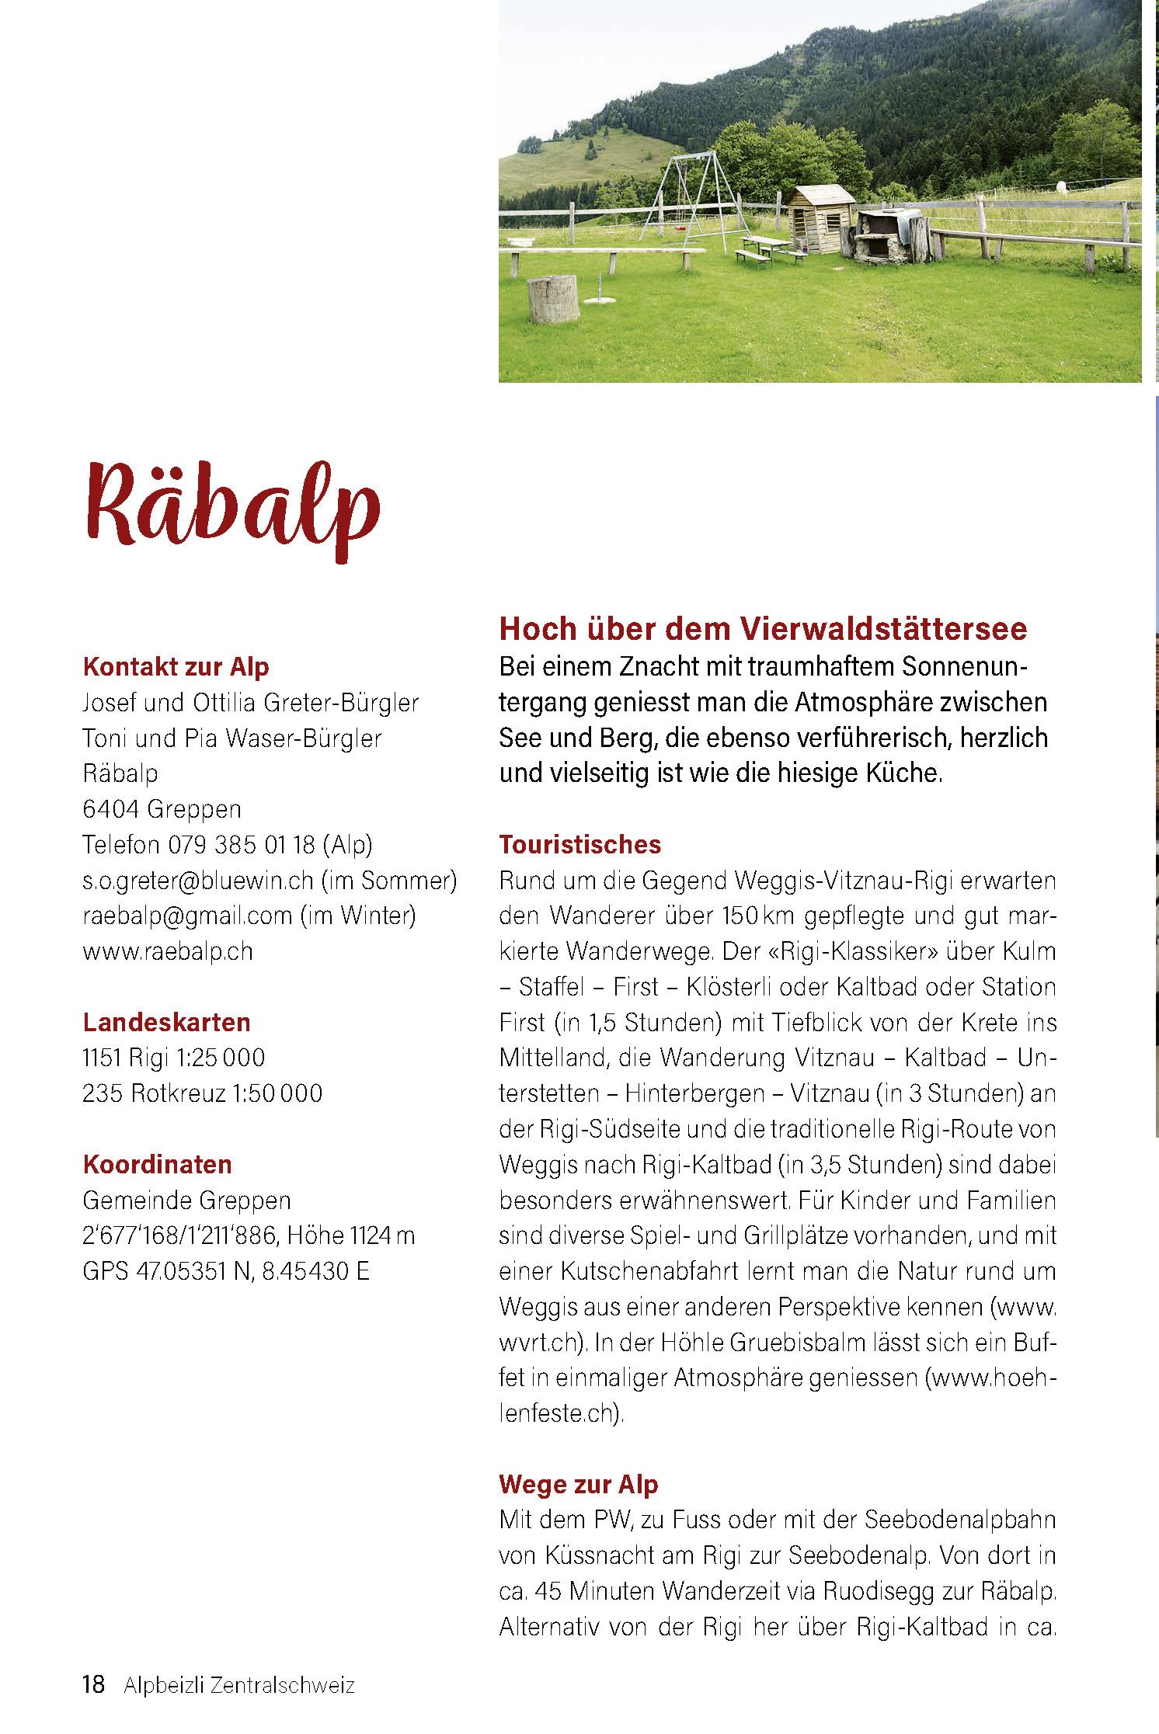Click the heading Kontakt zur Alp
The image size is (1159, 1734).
pyautogui.click(x=176, y=667)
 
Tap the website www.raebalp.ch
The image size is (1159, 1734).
pyautogui.click(x=168, y=951)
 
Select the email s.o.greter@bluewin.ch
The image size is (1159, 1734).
pyautogui.click(x=197, y=881)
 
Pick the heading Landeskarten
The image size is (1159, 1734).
pyautogui.click(x=166, y=1023)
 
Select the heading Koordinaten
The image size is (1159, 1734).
pyautogui.click(x=157, y=1165)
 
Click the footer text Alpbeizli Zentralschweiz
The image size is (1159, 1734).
pyautogui.click(x=238, y=1684)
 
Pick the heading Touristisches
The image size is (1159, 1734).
pyautogui.click(x=579, y=845)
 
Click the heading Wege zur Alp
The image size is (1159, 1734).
pyautogui.click(x=578, y=1484)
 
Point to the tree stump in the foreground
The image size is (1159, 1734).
pyautogui.click(x=553, y=299)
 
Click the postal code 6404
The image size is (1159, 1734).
pyautogui.click(x=110, y=809)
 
